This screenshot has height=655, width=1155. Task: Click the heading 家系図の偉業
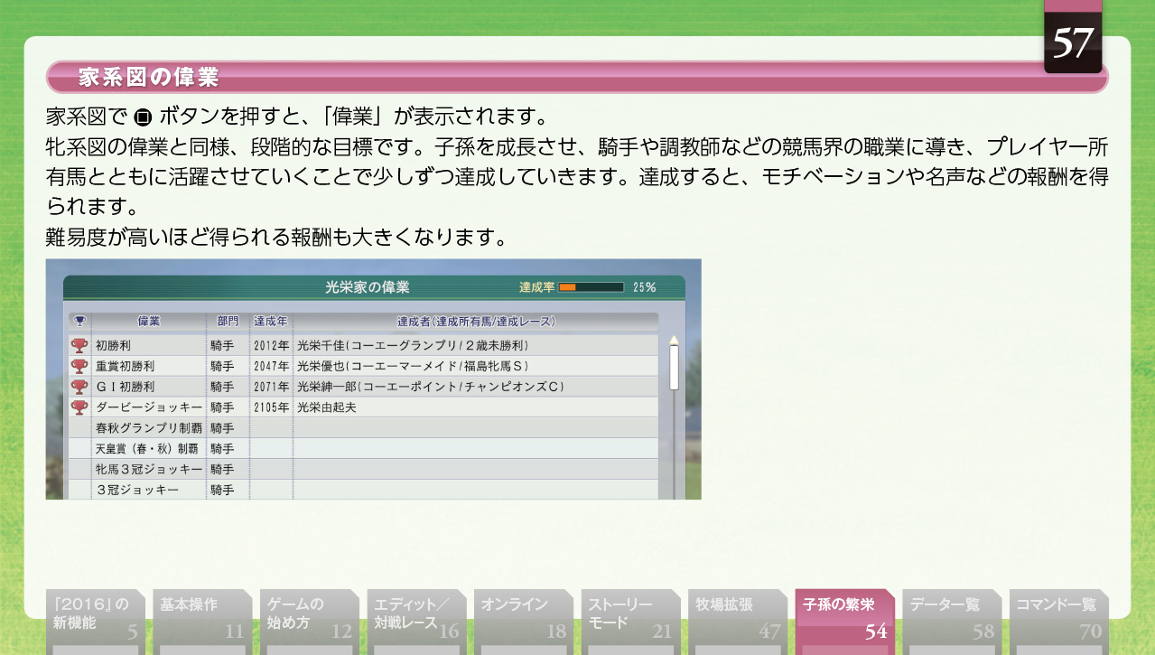148,78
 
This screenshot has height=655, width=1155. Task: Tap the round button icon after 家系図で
143,117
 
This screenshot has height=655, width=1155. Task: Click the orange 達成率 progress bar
591,287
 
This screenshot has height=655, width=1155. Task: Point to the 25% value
645,287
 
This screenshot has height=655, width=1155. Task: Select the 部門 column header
228,322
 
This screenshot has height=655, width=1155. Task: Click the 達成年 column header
270,322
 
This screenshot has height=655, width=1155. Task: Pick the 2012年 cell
271,345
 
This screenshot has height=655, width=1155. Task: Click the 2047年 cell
271,366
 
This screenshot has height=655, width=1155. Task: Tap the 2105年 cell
271,407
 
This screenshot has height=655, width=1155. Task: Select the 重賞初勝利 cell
126,366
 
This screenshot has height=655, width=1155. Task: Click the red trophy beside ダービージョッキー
79,407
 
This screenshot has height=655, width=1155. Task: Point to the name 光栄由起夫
326,407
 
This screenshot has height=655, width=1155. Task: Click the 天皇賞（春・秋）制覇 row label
147,449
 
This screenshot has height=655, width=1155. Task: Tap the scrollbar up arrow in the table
674,341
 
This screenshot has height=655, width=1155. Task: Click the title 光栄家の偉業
368,287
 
